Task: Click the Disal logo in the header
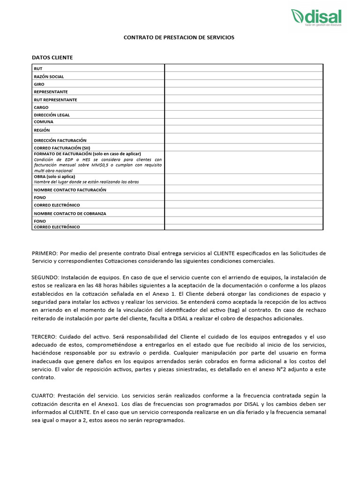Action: (316, 17)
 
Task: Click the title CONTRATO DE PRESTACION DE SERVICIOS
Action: (179, 37)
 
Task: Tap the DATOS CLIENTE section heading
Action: (52, 58)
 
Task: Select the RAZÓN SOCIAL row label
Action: (49, 76)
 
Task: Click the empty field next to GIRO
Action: (243, 84)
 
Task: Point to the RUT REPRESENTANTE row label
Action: (55, 100)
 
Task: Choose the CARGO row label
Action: (41, 107)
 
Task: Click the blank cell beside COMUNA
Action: (243, 122)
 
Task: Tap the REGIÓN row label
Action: (42, 130)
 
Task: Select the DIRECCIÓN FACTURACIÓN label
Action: (60, 140)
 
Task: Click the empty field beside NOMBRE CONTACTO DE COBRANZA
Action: (243, 213)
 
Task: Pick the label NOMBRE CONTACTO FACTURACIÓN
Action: (70, 190)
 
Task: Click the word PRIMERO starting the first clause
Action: (44, 253)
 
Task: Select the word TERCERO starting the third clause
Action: (45, 337)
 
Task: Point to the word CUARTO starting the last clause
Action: (43, 396)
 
